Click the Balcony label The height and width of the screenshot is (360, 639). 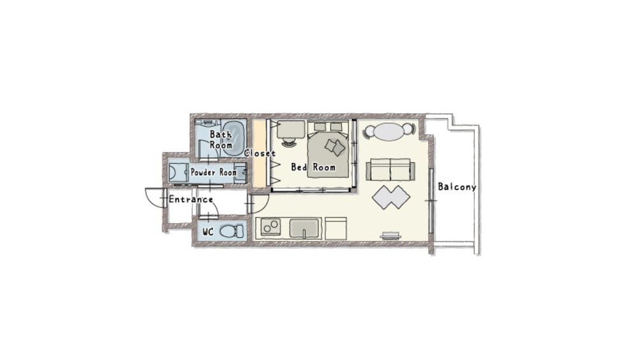pyautogui.click(x=457, y=187)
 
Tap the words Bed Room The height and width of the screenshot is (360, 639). pyautogui.click(x=313, y=168)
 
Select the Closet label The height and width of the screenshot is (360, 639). pyautogui.click(x=259, y=153)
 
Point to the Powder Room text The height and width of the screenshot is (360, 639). pyautogui.click(x=213, y=173)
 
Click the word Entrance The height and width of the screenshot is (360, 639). pyautogui.click(x=190, y=200)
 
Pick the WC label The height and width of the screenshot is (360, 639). pyautogui.click(x=207, y=231)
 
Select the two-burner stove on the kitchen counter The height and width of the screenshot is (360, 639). pyautogui.click(x=270, y=228)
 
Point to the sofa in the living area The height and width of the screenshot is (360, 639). pyautogui.click(x=390, y=171)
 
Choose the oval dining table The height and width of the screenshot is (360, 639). pyautogui.click(x=389, y=131)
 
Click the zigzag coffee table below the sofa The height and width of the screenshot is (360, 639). pyautogui.click(x=391, y=197)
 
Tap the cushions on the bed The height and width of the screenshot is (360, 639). pyautogui.click(x=334, y=146)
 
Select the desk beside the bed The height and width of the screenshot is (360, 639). pyautogui.click(x=291, y=129)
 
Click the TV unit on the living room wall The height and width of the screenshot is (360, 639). pyautogui.click(x=390, y=237)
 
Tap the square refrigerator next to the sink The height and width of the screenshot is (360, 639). pyautogui.click(x=335, y=228)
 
